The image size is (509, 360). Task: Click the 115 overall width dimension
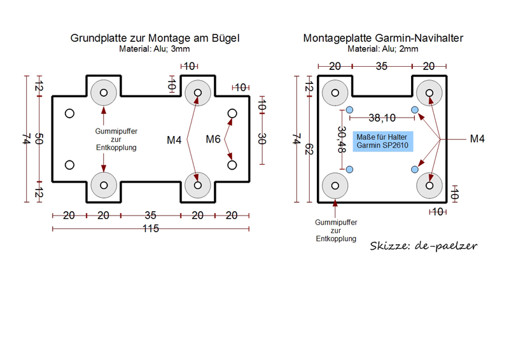(x=151, y=228)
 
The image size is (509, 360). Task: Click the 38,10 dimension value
(x=382, y=118)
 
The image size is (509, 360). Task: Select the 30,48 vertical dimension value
(x=342, y=139)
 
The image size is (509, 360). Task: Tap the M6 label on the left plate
(x=213, y=139)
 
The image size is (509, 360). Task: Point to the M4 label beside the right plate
(x=477, y=139)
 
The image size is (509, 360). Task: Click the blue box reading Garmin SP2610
(x=383, y=141)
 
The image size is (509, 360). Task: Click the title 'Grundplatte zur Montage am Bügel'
(x=155, y=38)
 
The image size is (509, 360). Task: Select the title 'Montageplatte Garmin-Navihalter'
(x=383, y=38)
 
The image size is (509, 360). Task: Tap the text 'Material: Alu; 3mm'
(x=154, y=49)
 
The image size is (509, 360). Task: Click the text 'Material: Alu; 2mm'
(x=383, y=49)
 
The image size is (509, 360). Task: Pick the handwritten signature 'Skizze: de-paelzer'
(x=423, y=246)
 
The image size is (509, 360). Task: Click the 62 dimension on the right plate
(x=309, y=149)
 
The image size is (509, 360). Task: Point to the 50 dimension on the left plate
(x=39, y=139)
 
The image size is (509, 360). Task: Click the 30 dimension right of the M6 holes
(x=262, y=139)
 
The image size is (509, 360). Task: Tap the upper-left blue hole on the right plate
(x=349, y=110)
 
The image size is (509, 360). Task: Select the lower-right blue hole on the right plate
(x=415, y=169)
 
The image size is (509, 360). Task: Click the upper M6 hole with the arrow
(x=232, y=114)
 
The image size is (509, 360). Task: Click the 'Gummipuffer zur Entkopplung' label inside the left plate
(x=116, y=139)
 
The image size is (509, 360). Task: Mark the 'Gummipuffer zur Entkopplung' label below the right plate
(x=336, y=230)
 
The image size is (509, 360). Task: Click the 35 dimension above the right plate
(x=382, y=66)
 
